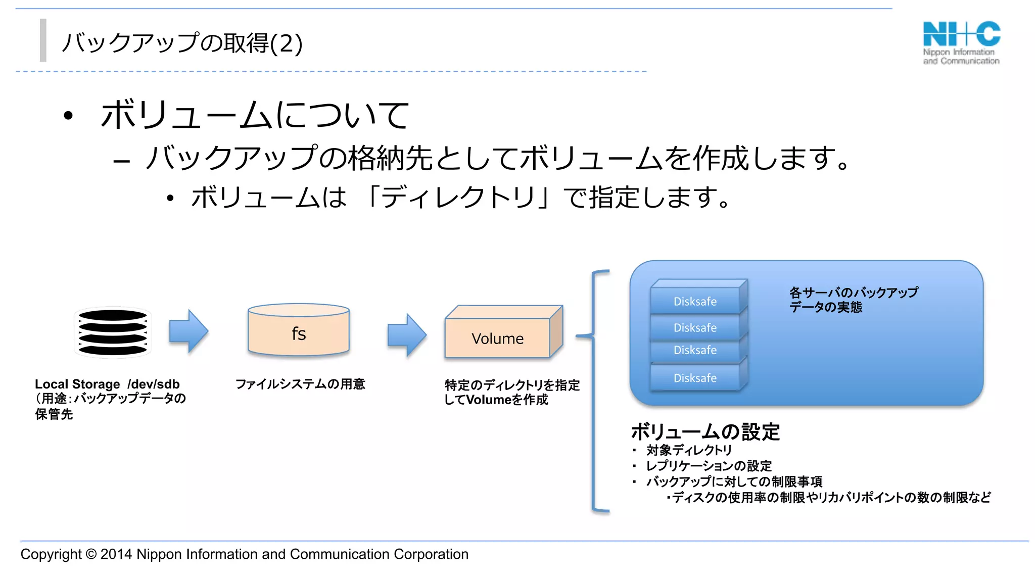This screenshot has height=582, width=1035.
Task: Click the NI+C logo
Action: [x=961, y=42]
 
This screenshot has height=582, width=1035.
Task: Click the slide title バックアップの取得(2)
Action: [x=182, y=43]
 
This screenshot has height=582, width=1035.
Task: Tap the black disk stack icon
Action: [x=113, y=332]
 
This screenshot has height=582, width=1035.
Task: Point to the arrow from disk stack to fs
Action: [x=189, y=331]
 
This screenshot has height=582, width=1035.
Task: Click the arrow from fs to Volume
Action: [x=407, y=334]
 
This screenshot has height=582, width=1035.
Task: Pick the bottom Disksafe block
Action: [x=695, y=378]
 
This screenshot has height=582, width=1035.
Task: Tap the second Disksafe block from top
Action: [x=695, y=327]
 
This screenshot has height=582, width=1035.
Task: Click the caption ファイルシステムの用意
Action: [x=300, y=384]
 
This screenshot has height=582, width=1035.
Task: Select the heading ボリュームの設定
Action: [x=705, y=432]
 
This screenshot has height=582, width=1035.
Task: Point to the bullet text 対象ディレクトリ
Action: [x=689, y=450]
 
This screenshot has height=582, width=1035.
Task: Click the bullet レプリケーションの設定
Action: [x=709, y=466]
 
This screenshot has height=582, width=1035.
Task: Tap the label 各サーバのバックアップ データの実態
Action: [x=853, y=300]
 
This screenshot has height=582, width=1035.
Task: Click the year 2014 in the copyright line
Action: [x=116, y=554]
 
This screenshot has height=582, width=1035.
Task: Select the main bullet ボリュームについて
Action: [x=255, y=115]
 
